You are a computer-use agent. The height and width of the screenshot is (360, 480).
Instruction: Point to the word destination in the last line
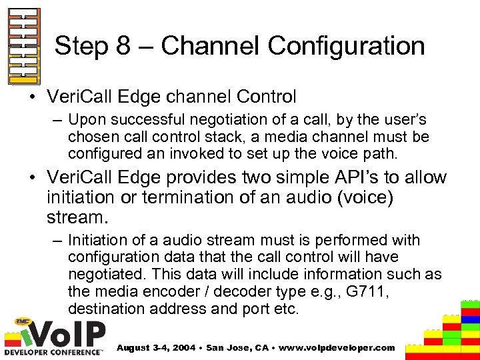click(104, 309)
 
